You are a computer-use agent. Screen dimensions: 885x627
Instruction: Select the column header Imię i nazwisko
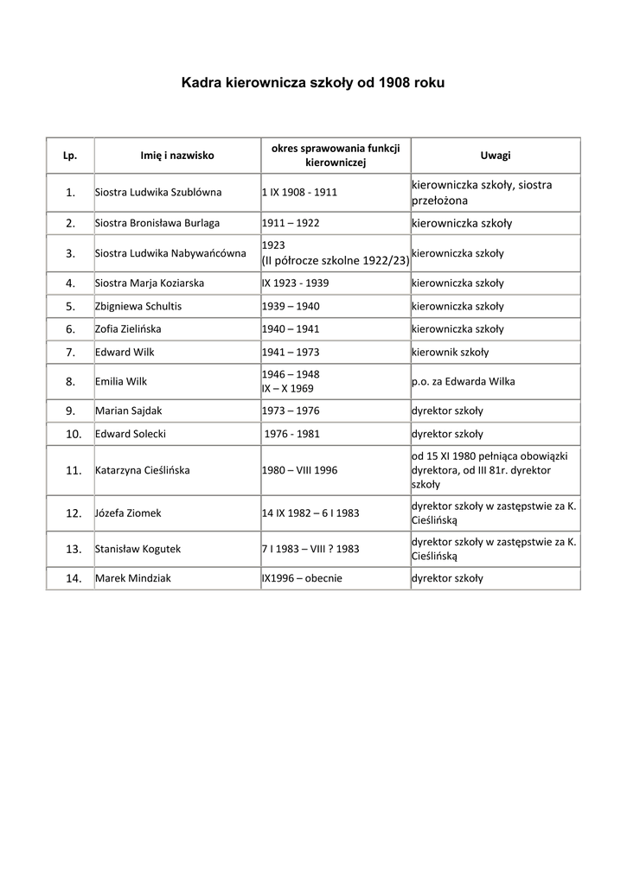point(177,156)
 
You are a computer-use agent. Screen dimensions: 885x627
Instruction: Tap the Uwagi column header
point(496,156)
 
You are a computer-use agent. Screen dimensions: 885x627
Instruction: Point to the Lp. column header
point(71,156)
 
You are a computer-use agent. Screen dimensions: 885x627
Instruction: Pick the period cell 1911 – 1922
point(291,223)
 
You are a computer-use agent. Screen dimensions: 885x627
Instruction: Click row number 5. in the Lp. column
point(71,306)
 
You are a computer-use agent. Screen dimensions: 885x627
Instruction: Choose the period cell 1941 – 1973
point(291,352)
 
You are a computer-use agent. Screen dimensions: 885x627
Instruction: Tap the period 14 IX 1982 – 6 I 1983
point(310,513)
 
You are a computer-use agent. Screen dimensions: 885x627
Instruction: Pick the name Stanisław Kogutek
point(138,549)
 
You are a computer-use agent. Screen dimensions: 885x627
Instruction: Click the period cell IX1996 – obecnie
point(302,578)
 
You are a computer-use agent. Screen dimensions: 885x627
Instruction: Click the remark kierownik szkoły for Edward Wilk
point(450,352)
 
